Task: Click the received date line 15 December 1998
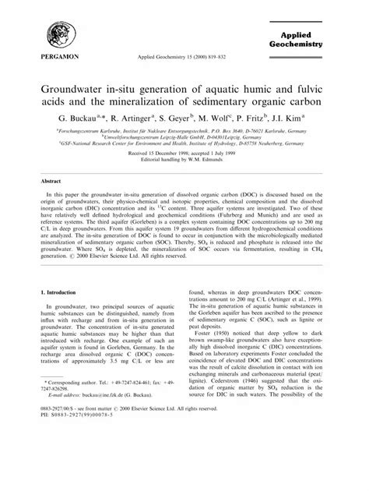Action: (x=185, y=156)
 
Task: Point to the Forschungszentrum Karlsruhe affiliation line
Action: (x=185, y=132)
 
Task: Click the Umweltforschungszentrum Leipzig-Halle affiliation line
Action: (x=185, y=140)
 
